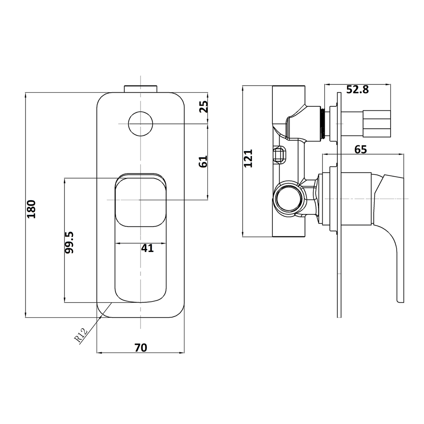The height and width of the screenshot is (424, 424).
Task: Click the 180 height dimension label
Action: (31, 209)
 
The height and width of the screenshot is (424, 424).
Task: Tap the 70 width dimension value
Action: (141, 347)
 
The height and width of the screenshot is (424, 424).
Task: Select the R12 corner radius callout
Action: (81, 336)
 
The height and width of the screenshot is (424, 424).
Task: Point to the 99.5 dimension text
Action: (69, 242)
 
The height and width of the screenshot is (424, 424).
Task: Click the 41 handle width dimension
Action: (147, 249)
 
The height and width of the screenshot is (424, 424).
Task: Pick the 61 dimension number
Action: (203, 161)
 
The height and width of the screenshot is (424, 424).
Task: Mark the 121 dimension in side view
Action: (248, 158)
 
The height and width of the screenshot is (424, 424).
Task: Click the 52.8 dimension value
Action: (357, 90)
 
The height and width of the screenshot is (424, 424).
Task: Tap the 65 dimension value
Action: (360, 150)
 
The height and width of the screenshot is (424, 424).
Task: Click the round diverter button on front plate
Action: (141, 124)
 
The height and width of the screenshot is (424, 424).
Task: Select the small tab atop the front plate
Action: (141, 88)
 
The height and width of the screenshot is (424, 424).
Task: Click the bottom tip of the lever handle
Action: (400, 300)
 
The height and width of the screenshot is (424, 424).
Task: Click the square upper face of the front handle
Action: (141, 201)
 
